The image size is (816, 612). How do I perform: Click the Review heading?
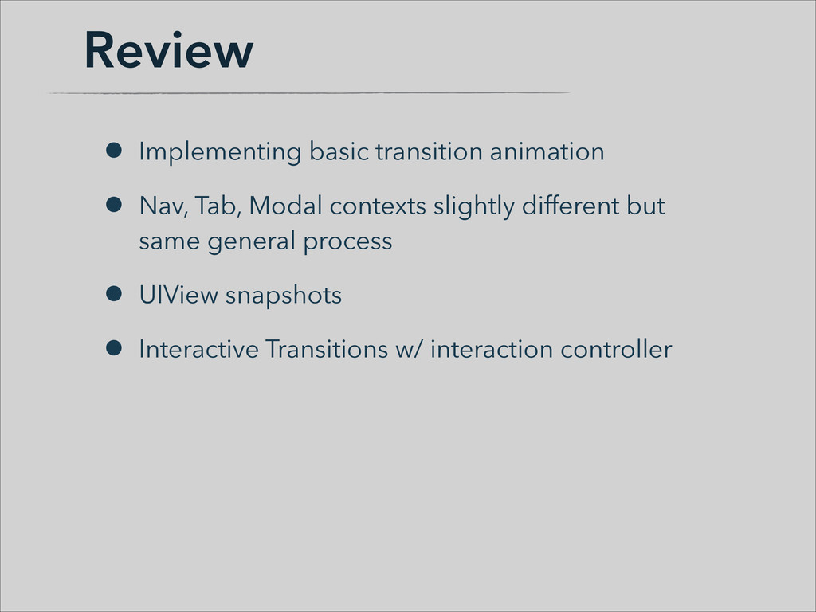point(169,50)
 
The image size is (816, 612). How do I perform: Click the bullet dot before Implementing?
point(113,151)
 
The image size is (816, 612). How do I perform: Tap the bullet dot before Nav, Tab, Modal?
point(113,205)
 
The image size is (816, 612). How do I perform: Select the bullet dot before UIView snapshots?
point(113,293)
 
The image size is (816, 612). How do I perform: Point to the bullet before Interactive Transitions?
point(113,347)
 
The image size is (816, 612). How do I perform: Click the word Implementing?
point(220,152)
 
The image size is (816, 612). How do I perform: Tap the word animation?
point(547,151)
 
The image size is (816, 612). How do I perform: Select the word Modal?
point(286,206)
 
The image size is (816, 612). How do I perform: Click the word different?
point(571,206)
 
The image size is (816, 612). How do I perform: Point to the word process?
point(347,242)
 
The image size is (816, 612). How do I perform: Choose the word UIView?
point(178,295)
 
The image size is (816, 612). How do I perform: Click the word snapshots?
point(284,296)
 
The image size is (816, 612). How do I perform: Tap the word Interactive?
point(198,349)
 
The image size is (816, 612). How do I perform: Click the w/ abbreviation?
point(409,349)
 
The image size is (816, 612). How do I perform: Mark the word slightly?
point(474,206)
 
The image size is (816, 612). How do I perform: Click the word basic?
point(339,151)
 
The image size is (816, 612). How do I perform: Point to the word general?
point(251,242)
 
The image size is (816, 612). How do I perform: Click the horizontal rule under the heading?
point(309,93)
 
